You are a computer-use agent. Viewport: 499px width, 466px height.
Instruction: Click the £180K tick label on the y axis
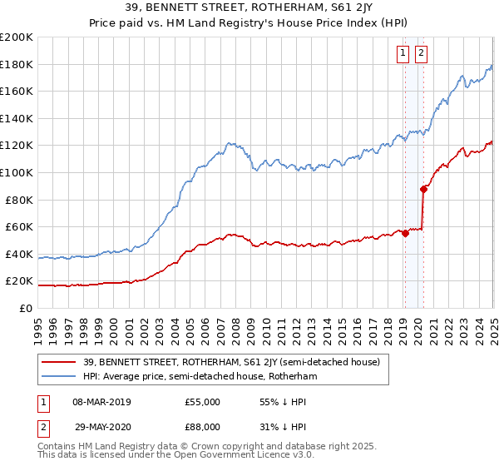[17, 64]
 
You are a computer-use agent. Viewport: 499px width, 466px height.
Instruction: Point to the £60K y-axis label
[19, 226]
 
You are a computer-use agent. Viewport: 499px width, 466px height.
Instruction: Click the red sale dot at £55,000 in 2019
[405, 233]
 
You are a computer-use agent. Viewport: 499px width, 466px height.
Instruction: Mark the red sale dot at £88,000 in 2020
[424, 189]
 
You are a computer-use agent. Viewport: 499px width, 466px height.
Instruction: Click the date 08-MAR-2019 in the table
[102, 402]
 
